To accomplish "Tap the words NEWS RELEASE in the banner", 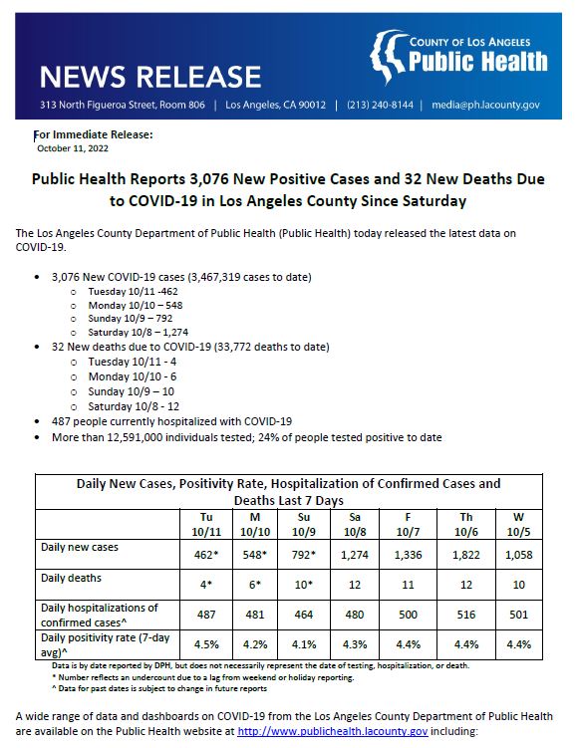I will (149, 76).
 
